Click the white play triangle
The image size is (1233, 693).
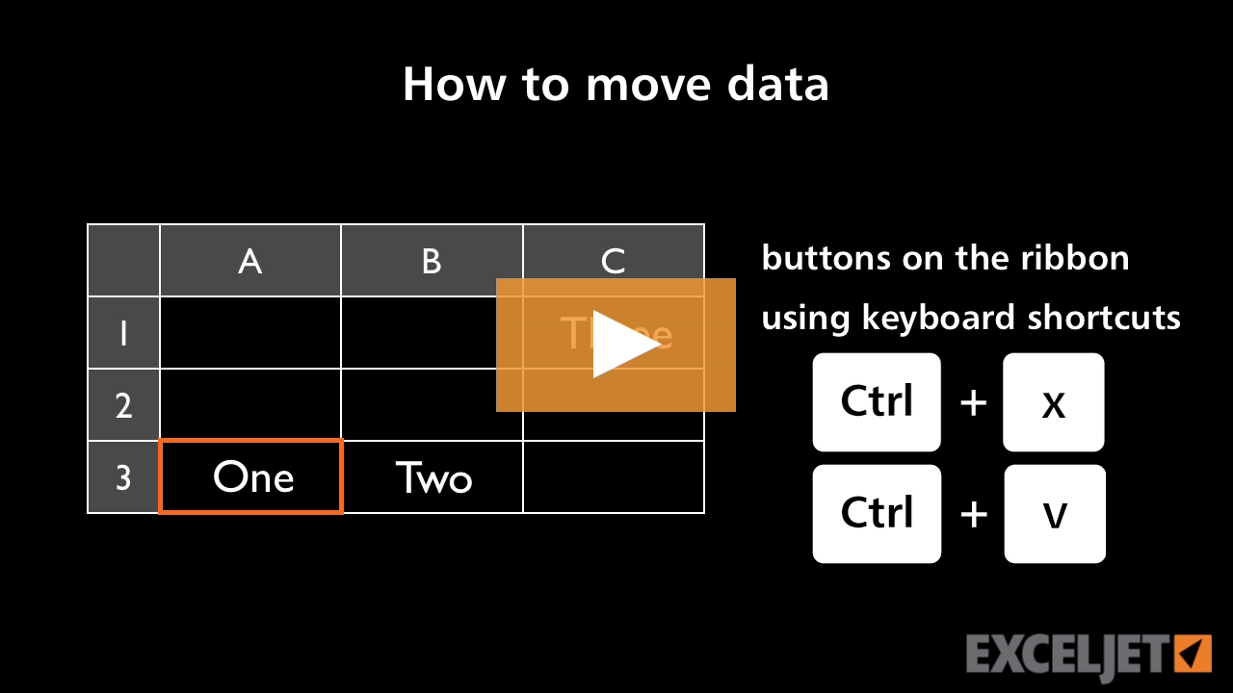click(x=621, y=344)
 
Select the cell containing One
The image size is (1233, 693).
click(x=251, y=477)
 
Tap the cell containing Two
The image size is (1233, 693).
click(x=433, y=477)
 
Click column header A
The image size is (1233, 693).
click(x=250, y=261)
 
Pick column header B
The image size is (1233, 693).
click(x=432, y=261)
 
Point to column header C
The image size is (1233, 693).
click(x=613, y=260)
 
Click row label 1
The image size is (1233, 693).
click(x=123, y=333)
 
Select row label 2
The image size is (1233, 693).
click(x=123, y=405)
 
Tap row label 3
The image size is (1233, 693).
click(x=123, y=477)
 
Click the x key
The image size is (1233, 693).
click(x=1053, y=402)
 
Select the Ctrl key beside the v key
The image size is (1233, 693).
click(x=877, y=514)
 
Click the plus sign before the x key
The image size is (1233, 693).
click(x=974, y=402)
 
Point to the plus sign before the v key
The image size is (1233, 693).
click(x=974, y=514)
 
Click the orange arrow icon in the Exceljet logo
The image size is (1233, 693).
click(x=1194, y=653)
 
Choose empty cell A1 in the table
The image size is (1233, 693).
click(x=250, y=333)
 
